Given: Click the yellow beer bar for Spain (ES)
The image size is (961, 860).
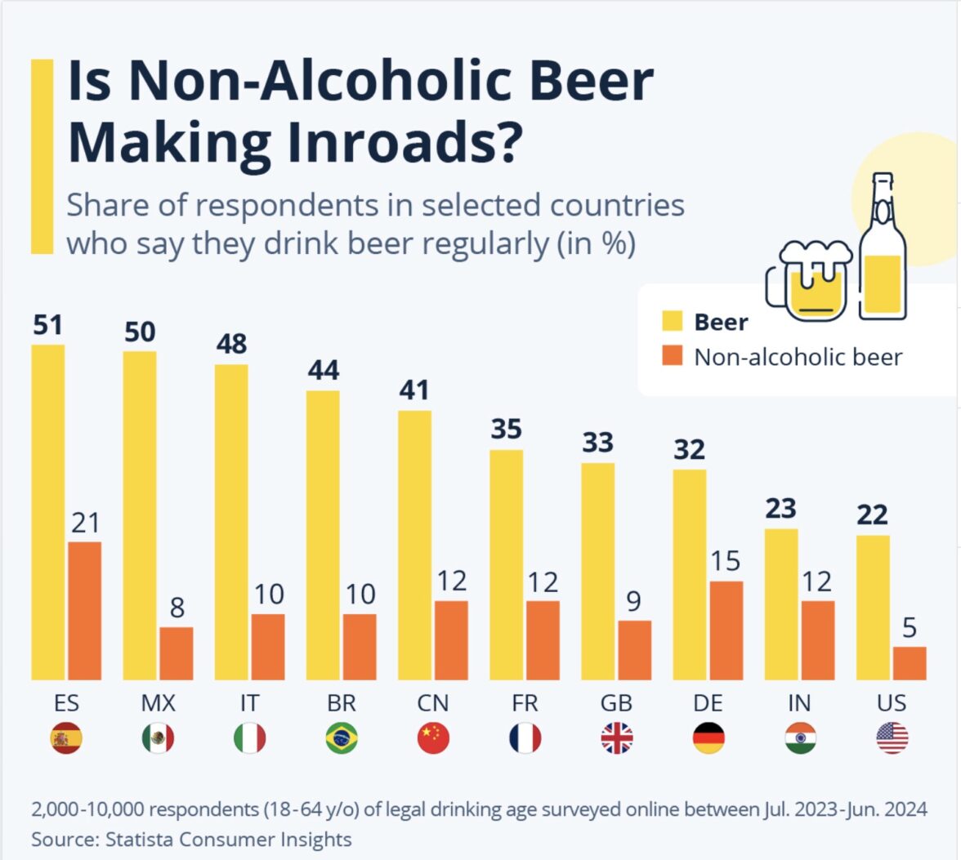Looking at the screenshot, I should (x=48, y=512).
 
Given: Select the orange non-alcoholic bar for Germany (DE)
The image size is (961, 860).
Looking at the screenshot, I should (x=726, y=630).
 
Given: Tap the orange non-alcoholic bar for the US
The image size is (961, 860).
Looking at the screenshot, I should (x=910, y=662).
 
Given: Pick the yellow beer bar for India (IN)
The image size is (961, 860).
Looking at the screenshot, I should (x=781, y=604).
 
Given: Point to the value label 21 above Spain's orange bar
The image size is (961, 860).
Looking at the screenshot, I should (x=85, y=523).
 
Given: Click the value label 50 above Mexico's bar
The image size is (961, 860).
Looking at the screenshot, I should (x=140, y=332).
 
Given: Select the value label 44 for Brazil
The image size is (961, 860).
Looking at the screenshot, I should (x=323, y=372).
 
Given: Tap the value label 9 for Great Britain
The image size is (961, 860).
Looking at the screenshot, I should (x=634, y=602).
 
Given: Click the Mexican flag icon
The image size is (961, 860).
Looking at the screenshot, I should (x=158, y=738).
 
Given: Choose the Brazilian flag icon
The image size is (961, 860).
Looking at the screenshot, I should (x=341, y=738).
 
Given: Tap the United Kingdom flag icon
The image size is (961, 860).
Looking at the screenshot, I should (x=617, y=738).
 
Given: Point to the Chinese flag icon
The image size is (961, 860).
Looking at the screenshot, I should (x=433, y=738).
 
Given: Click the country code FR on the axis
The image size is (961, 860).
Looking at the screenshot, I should (x=525, y=703).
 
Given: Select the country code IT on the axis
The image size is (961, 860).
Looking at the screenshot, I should (x=249, y=703).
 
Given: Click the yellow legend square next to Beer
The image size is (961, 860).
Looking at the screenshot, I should (x=672, y=322).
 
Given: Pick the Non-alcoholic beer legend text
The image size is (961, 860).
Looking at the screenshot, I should (x=798, y=357).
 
